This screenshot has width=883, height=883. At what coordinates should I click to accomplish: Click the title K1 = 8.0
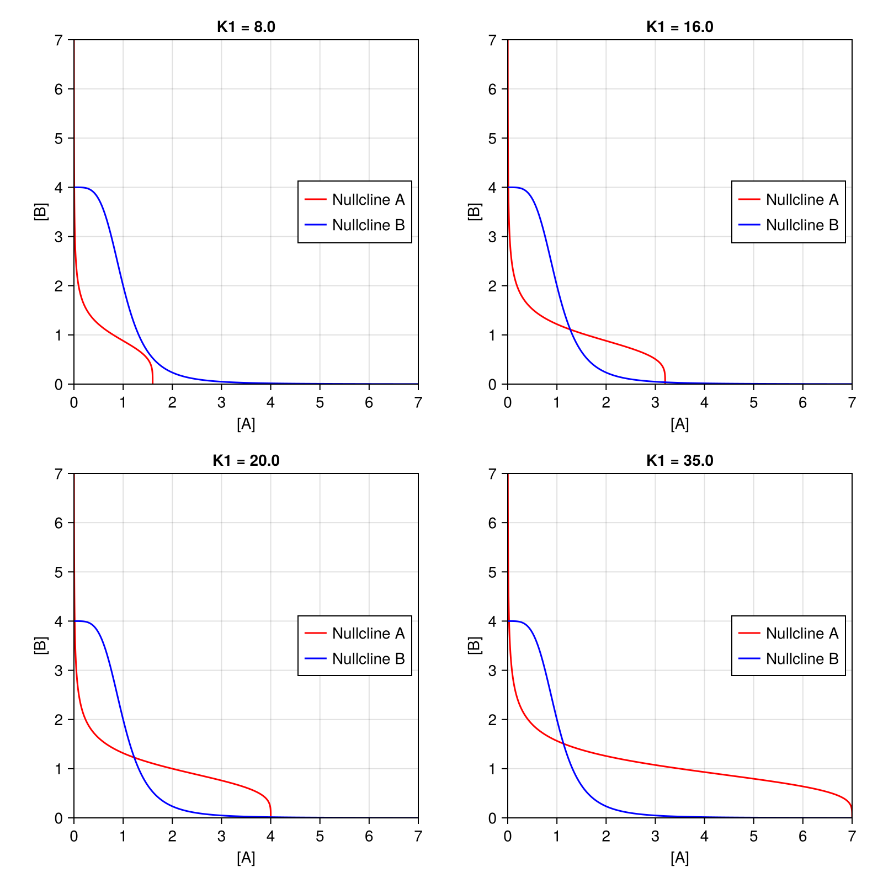coord(246,26)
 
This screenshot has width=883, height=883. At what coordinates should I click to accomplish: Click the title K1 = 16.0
coord(679,26)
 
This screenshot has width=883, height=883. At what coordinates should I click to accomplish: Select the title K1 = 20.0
coord(246,460)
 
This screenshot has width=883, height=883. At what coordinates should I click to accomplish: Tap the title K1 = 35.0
coord(679,460)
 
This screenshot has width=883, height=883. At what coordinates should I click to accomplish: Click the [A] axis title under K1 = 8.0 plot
coord(246,424)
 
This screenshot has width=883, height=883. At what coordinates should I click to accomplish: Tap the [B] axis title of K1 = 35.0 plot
coord(475,645)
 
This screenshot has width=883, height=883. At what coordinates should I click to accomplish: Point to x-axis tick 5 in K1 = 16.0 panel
coord(753,403)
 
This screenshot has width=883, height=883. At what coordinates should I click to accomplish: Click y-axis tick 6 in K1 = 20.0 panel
coord(59,523)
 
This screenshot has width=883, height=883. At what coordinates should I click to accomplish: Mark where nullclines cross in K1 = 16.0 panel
coord(571,330)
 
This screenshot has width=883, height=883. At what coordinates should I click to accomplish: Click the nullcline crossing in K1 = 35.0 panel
coord(563,743)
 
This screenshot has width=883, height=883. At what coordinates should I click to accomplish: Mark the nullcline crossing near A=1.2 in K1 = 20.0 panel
coord(134,758)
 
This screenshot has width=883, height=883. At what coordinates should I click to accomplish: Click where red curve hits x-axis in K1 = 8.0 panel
coord(152,384)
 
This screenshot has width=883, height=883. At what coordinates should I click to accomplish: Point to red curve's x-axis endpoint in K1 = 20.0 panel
coord(270,817)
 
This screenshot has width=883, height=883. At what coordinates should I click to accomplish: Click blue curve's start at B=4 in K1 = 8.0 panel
coord(75,187)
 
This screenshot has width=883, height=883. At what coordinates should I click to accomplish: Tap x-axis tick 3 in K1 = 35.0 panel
coord(655,837)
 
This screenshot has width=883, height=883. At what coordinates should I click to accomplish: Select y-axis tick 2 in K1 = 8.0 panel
coord(59,286)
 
